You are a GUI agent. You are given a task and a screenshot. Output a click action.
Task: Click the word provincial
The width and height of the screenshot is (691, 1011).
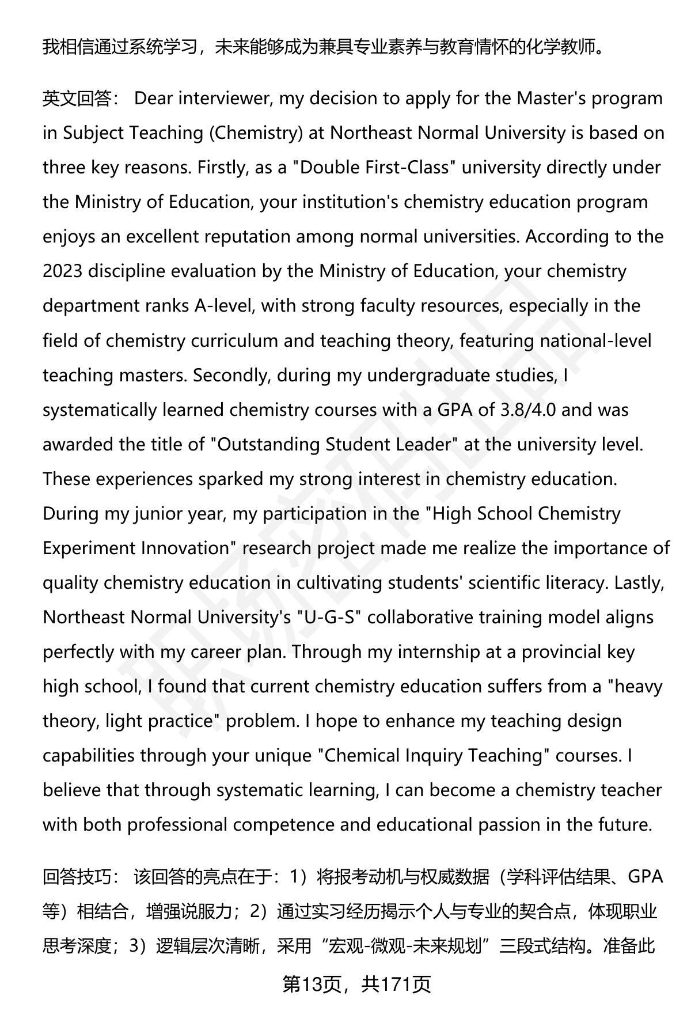(x=554, y=652)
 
